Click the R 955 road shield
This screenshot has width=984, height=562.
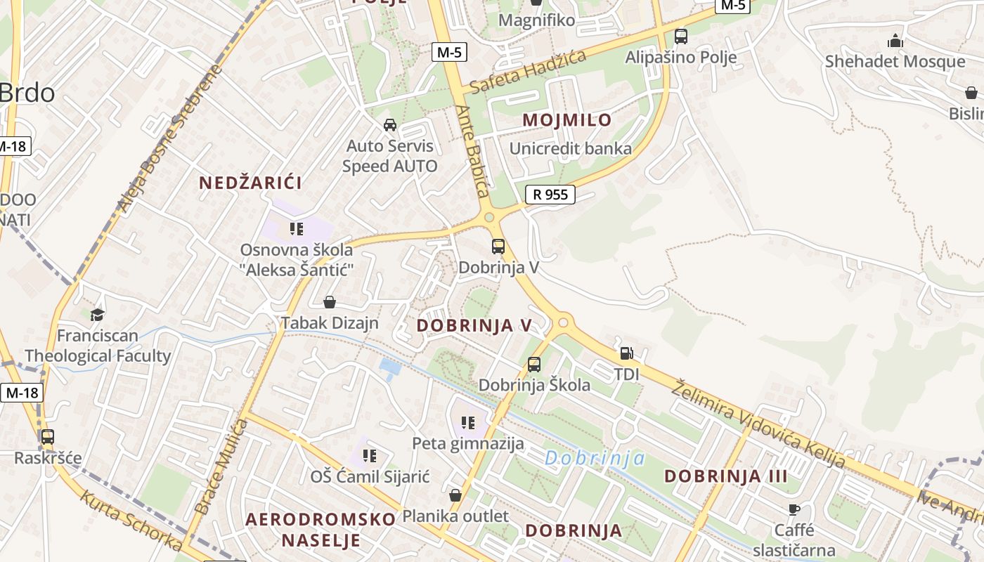(x=550, y=195)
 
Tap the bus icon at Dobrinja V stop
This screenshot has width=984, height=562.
(x=498, y=247)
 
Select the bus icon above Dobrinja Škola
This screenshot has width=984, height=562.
(x=534, y=365)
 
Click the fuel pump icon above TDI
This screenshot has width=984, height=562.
(x=626, y=353)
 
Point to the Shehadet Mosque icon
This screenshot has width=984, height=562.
(x=895, y=41)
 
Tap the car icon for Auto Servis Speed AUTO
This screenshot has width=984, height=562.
(x=389, y=125)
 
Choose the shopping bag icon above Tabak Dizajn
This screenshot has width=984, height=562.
(x=329, y=302)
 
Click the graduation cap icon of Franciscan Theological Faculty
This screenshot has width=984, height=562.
(x=97, y=315)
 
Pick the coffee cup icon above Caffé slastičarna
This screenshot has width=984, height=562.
(x=794, y=509)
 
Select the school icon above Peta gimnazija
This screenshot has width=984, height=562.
(x=468, y=423)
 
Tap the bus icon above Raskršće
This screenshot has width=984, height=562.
(x=47, y=437)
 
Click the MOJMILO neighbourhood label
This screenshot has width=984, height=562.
(x=567, y=120)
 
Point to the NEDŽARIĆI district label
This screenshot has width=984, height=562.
(x=250, y=183)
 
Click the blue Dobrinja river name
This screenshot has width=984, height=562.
(x=595, y=458)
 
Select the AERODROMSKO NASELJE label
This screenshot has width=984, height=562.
(x=321, y=530)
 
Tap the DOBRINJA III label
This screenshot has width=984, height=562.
(x=726, y=476)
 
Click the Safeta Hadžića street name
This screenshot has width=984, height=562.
(x=528, y=72)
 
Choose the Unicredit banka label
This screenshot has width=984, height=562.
(x=570, y=149)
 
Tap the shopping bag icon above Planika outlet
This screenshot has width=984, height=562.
(x=455, y=495)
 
